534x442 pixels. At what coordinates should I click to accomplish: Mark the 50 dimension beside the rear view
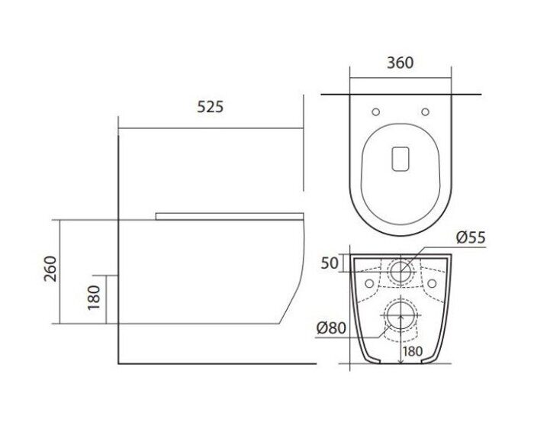coord(330,263)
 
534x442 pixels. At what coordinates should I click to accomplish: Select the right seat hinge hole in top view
coord(425,112)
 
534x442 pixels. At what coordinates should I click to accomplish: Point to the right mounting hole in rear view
coord(431,284)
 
